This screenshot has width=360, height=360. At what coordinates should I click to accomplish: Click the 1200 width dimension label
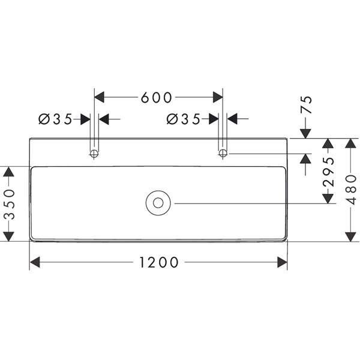pyautogui.click(x=159, y=262)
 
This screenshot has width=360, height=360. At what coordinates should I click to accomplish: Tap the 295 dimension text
pyautogui.click(x=328, y=171)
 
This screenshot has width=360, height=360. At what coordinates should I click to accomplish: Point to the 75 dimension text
pyautogui.click(x=307, y=106)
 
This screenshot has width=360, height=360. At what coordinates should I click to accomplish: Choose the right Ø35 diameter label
pyautogui.click(x=183, y=119)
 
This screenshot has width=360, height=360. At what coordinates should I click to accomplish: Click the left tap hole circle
pyautogui.click(x=94, y=154)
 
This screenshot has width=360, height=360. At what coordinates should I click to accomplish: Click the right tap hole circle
pyautogui.click(x=223, y=154)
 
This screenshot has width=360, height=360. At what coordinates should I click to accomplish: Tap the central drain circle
pyautogui.click(x=158, y=203)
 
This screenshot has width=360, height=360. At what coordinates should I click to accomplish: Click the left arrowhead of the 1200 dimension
pyautogui.click(x=35, y=262)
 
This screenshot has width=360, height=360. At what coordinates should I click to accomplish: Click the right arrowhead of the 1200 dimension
pyautogui.click(x=282, y=262)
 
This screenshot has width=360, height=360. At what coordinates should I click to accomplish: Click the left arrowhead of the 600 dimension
pyautogui.click(x=100, y=97)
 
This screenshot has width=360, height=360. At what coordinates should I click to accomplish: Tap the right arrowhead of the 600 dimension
pyautogui.click(x=217, y=97)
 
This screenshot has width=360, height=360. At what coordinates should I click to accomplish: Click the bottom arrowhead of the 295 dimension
pyautogui.click(x=328, y=198)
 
